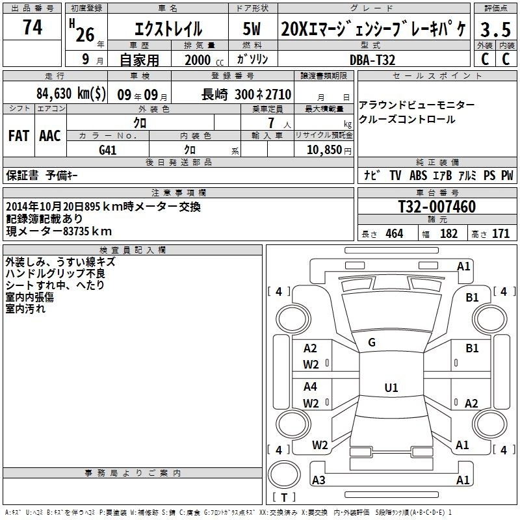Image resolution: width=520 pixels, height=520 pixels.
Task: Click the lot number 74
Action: point(32,27)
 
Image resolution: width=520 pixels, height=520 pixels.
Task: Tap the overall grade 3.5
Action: point(495,29)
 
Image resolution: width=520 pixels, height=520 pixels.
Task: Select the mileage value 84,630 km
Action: point(71,94)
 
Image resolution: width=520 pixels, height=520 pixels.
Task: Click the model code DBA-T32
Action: point(372,60)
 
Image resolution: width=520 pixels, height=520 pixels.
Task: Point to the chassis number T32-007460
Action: point(437,207)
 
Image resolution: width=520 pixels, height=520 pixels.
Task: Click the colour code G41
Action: point(108,150)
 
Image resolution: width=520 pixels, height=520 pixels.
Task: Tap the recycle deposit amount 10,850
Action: point(324,150)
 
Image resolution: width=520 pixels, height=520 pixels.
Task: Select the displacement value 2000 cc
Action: point(204,60)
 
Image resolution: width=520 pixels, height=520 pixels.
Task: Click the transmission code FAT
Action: point(19,136)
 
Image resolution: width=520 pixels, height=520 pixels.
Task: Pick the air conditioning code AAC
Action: point(50,136)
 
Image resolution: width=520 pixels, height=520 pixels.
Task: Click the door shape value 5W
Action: point(252,29)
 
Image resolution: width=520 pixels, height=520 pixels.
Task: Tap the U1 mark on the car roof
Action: point(391,387)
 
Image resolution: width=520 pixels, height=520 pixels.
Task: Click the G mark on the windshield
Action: point(372,343)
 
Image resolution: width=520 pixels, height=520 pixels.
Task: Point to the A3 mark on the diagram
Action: point(318,480)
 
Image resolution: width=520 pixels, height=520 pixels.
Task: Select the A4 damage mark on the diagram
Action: point(310,386)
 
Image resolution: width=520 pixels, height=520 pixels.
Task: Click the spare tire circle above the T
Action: point(284,474)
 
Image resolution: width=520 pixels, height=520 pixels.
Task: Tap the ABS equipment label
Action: point(418,175)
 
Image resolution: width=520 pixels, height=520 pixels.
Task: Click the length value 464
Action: point(395,233)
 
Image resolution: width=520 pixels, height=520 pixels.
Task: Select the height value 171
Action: point(500,233)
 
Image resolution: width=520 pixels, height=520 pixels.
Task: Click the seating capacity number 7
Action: point(271,123)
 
